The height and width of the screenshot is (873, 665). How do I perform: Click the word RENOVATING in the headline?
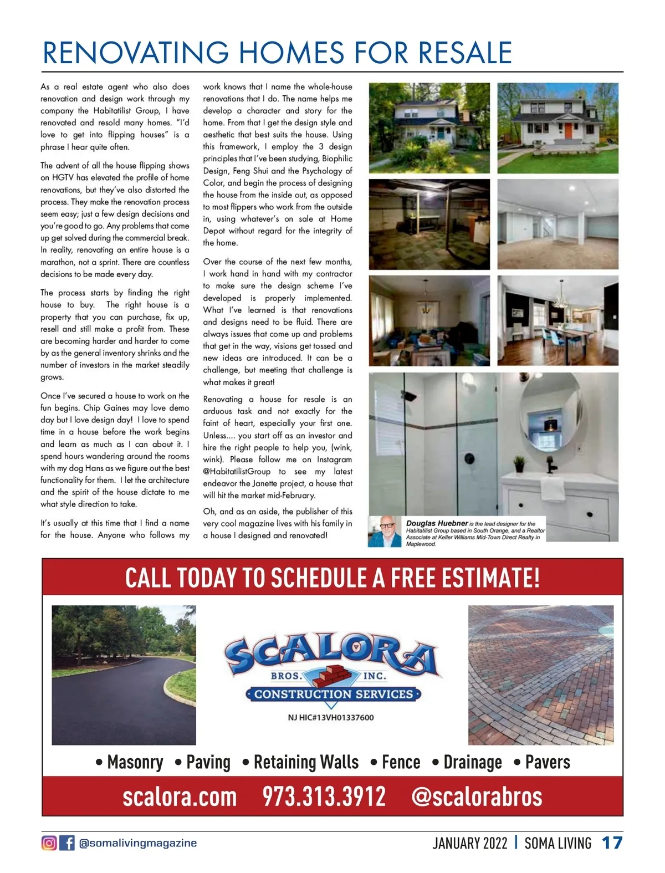point(136,53)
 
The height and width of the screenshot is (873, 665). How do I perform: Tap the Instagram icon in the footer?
point(49,843)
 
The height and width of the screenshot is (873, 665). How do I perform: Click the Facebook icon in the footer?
point(67,843)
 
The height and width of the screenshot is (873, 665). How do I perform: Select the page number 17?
point(612,843)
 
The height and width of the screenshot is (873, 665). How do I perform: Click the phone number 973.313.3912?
point(324,797)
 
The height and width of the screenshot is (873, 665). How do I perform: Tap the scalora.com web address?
point(180,797)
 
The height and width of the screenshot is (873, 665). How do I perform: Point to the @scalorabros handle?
point(477,797)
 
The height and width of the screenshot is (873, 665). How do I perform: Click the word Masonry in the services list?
point(135,762)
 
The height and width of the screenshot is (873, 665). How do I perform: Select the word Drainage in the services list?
point(472,762)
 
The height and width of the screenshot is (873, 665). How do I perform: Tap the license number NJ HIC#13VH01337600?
point(331,717)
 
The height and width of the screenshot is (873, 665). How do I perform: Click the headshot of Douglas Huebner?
point(385,532)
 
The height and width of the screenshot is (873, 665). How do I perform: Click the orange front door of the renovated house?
point(569,131)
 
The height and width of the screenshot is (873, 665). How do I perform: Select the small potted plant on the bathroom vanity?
point(519,463)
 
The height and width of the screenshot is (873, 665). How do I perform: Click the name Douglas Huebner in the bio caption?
point(437,523)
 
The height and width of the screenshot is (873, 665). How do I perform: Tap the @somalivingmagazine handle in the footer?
point(138,843)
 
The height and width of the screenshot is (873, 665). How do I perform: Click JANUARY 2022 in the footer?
point(470,843)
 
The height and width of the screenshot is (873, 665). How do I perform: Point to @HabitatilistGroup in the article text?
point(237,472)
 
